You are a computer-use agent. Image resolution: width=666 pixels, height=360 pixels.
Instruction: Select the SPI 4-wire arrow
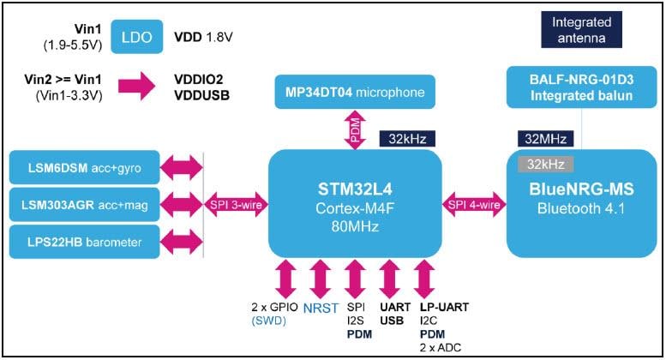point(472,204)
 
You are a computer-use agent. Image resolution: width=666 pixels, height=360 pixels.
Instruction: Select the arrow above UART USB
point(390,279)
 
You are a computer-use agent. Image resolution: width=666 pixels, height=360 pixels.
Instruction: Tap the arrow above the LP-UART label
point(423,279)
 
